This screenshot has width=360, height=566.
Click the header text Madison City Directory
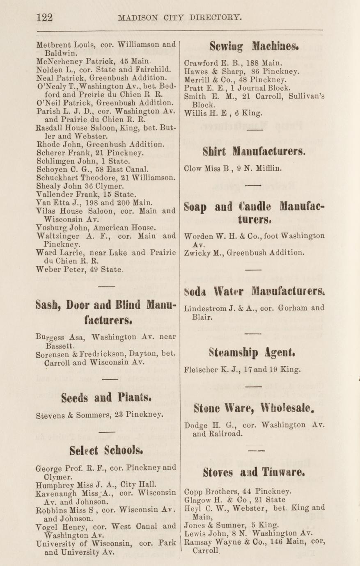coord(180,18)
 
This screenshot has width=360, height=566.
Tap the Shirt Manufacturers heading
coord(254,152)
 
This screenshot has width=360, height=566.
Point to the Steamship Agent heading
coord(253,352)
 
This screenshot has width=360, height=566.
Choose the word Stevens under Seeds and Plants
coord(49,415)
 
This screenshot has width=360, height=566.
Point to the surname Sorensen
coord(52,355)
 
